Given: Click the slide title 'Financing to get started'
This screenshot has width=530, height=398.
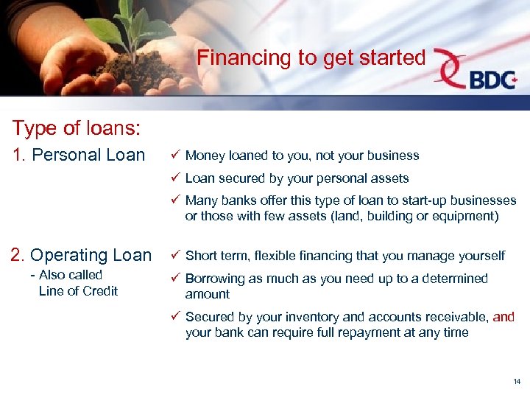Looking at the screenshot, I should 311,57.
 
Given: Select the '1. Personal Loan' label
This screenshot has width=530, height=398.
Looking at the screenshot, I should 78,155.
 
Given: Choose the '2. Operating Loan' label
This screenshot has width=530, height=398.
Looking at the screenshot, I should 81,255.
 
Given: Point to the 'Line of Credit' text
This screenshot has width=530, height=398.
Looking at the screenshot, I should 78,291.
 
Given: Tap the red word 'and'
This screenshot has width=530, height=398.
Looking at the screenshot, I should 504,317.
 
